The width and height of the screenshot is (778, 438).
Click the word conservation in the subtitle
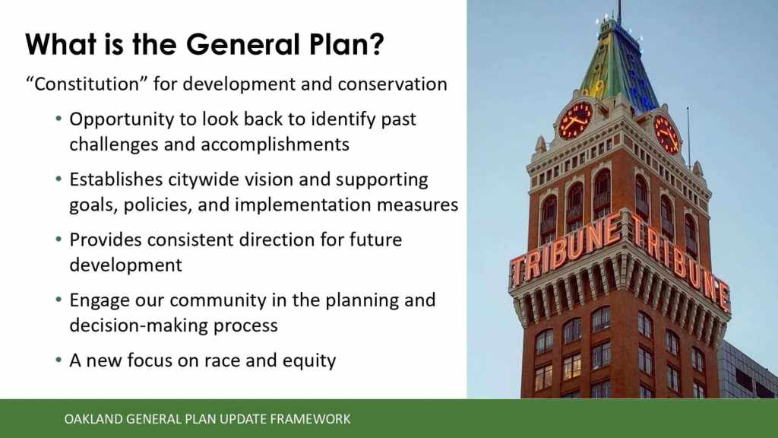(393, 84)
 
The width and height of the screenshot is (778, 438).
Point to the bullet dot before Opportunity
(59, 119)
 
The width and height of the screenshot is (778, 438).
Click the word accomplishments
(275, 144)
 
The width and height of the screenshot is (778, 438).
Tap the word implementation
(303, 205)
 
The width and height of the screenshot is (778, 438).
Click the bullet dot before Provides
(59, 240)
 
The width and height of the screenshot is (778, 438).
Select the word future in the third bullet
(375, 240)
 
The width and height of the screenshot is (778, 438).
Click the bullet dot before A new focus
(59, 360)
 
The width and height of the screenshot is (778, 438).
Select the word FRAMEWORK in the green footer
(310, 419)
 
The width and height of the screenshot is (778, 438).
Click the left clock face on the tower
(576, 121)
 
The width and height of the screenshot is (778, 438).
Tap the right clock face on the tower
(666, 134)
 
